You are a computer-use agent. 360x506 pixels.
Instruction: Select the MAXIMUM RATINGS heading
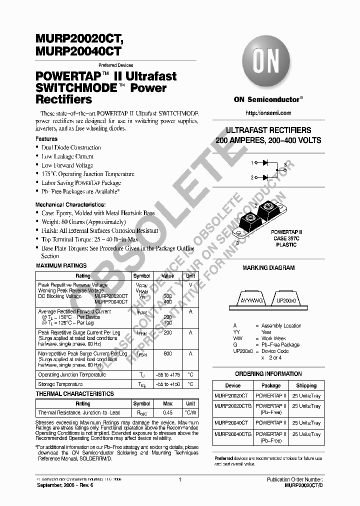tap(61, 265)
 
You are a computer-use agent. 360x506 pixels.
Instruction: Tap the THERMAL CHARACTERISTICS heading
tap(75, 394)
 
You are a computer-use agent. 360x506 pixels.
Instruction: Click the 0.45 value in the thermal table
tap(168, 413)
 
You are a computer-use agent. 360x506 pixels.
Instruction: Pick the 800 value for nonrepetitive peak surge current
tap(168, 354)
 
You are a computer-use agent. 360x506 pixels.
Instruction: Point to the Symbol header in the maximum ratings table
tap(141, 276)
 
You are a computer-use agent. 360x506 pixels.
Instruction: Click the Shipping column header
tap(306, 385)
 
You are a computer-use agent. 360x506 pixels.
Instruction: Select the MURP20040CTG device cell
tap(233, 434)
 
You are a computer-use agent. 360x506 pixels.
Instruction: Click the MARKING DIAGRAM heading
tap(268, 268)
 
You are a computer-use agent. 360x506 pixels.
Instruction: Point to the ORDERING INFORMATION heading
tap(268, 374)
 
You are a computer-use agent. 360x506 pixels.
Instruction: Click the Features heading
tap(46, 139)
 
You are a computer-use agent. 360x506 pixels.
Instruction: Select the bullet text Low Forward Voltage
tap(67, 165)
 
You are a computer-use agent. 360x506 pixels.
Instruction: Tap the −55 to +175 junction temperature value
tap(168, 375)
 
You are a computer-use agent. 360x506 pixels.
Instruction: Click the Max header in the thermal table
tap(168, 403)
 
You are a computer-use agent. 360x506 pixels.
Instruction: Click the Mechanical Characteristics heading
tap(70, 205)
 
